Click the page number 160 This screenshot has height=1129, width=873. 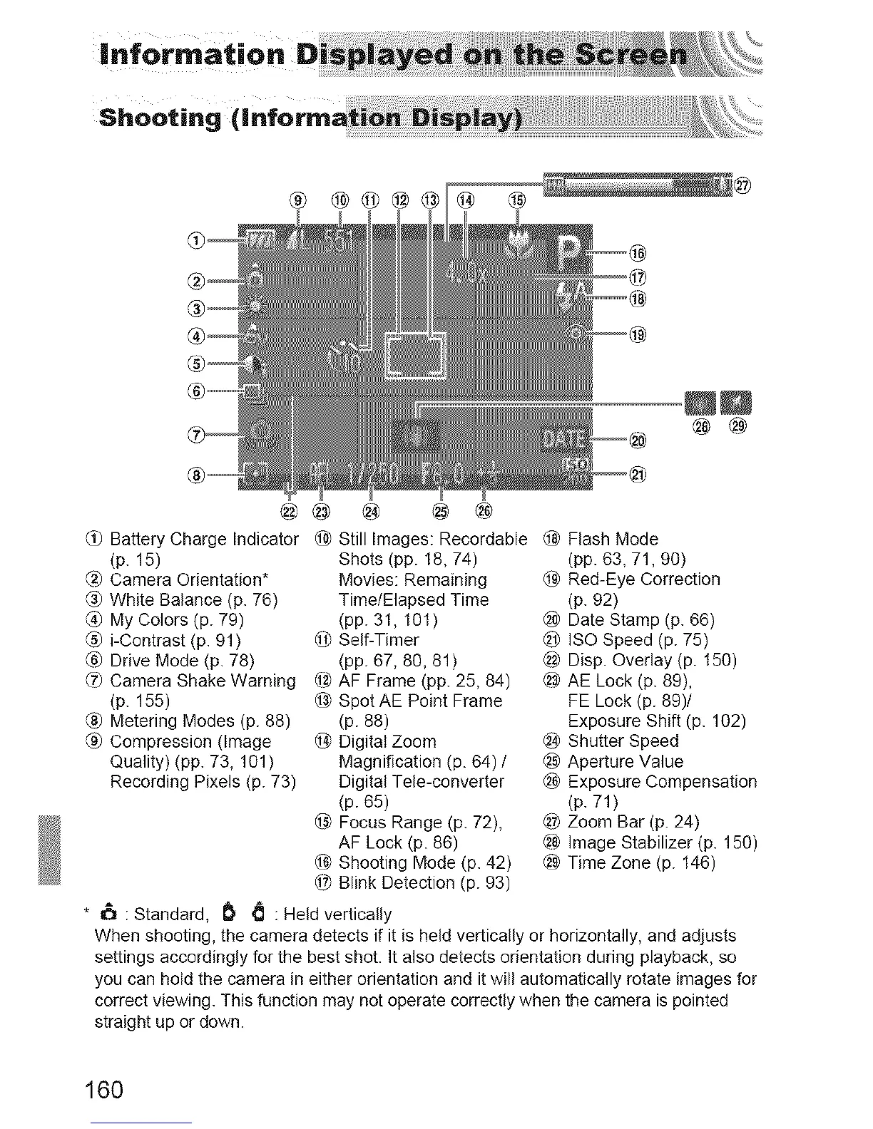(104, 1090)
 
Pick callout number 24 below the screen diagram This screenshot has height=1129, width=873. (371, 510)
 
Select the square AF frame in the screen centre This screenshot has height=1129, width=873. (415, 355)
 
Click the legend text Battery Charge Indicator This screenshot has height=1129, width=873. (204, 539)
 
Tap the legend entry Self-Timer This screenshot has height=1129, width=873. (378, 640)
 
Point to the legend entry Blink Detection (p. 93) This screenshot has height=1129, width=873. (424, 883)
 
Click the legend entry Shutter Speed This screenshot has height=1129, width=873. (623, 741)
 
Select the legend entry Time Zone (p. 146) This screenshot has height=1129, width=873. (641, 863)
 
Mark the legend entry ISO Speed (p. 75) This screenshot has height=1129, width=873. (638, 640)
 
